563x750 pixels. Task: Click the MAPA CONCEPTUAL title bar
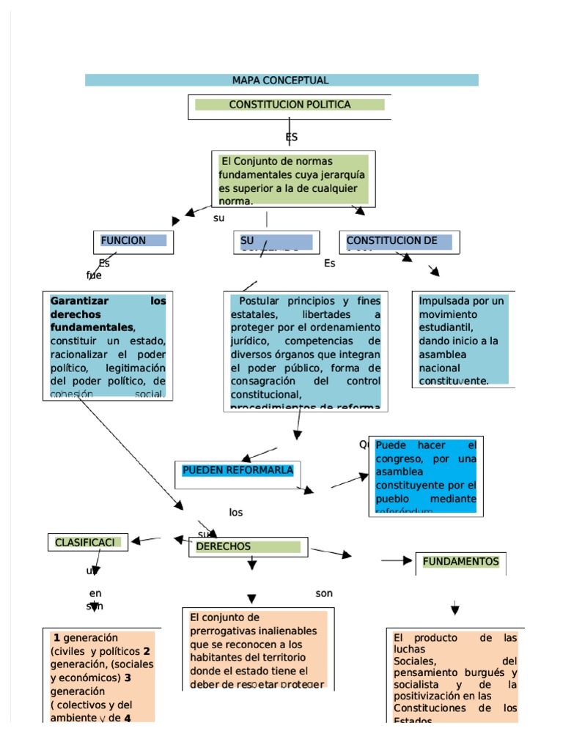(x=281, y=81)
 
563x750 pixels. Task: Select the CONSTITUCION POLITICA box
(x=290, y=105)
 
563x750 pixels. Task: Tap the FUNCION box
(x=133, y=241)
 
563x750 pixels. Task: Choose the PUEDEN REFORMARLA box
(x=238, y=470)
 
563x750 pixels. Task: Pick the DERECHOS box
(x=247, y=547)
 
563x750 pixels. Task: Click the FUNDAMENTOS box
(x=460, y=562)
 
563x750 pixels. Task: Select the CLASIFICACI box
(x=87, y=543)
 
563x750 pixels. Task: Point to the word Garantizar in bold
(x=79, y=301)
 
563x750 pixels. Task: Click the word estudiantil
(x=447, y=327)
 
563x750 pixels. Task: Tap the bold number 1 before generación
(x=56, y=638)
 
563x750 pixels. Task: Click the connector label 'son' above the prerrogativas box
(x=324, y=593)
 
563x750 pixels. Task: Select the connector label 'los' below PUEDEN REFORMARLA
(x=235, y=513)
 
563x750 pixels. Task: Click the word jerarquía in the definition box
(x=341, y=175)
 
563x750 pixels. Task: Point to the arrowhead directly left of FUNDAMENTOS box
(x=408, y=561)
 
